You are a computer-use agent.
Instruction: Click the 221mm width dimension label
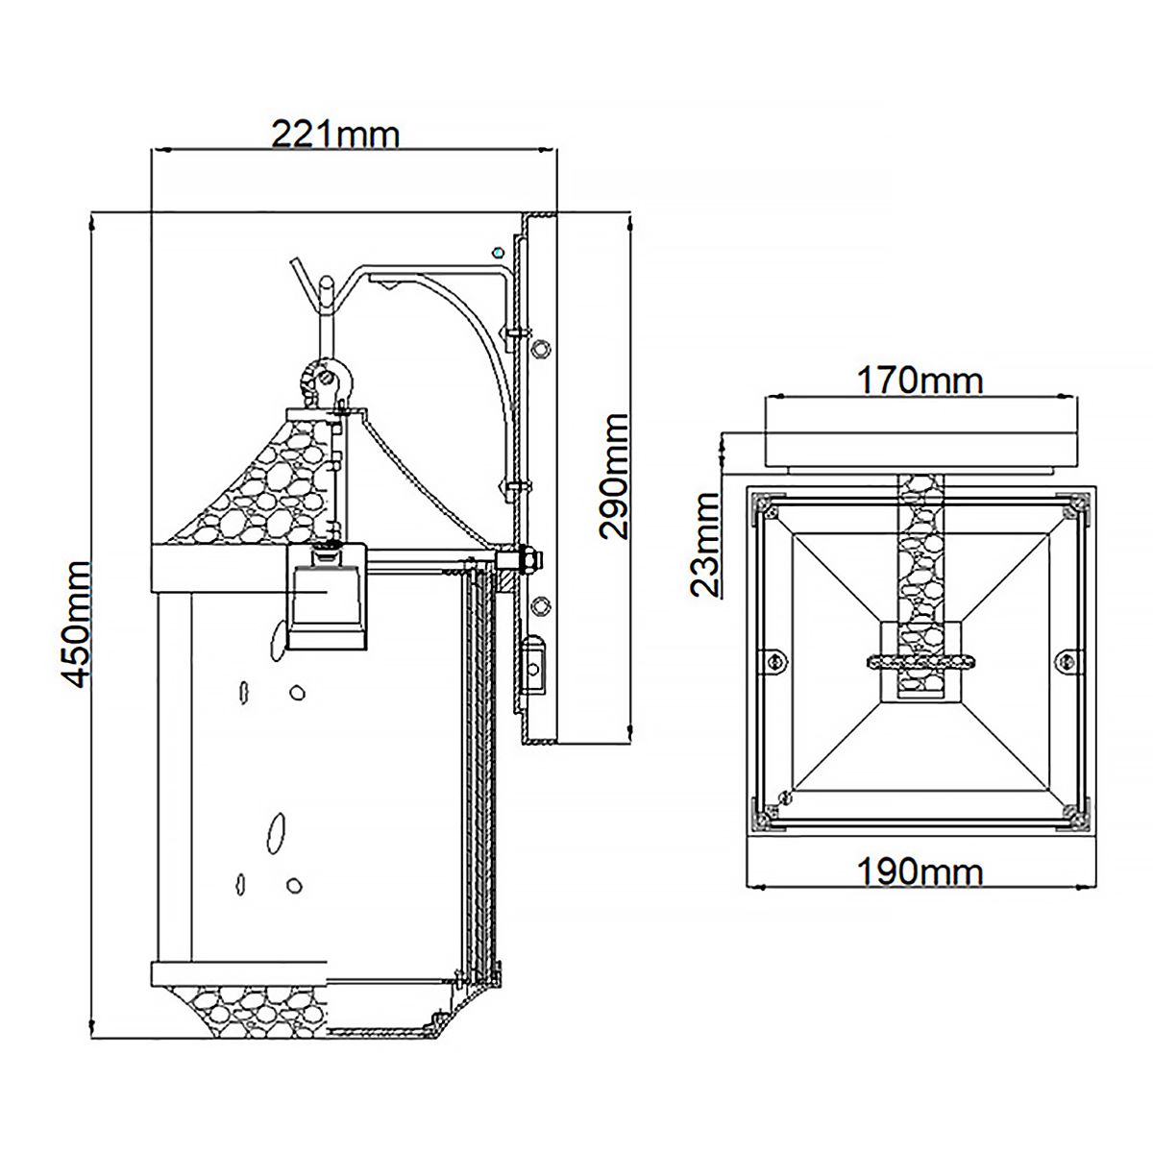coord(335,134)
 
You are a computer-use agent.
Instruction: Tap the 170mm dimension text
coord(920,380)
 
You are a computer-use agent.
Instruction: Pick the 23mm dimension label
coord(706,544)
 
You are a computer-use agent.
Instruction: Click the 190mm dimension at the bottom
coord(920,871)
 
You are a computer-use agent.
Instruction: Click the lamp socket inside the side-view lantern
coord(328,596)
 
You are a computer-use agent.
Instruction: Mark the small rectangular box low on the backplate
coord(534,665)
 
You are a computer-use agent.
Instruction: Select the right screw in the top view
coord(1065,660)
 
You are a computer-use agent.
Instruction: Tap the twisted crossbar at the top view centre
coord(920,660)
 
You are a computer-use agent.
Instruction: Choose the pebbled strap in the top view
coord(920,557)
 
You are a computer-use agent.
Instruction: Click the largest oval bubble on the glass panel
coord(278,832)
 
